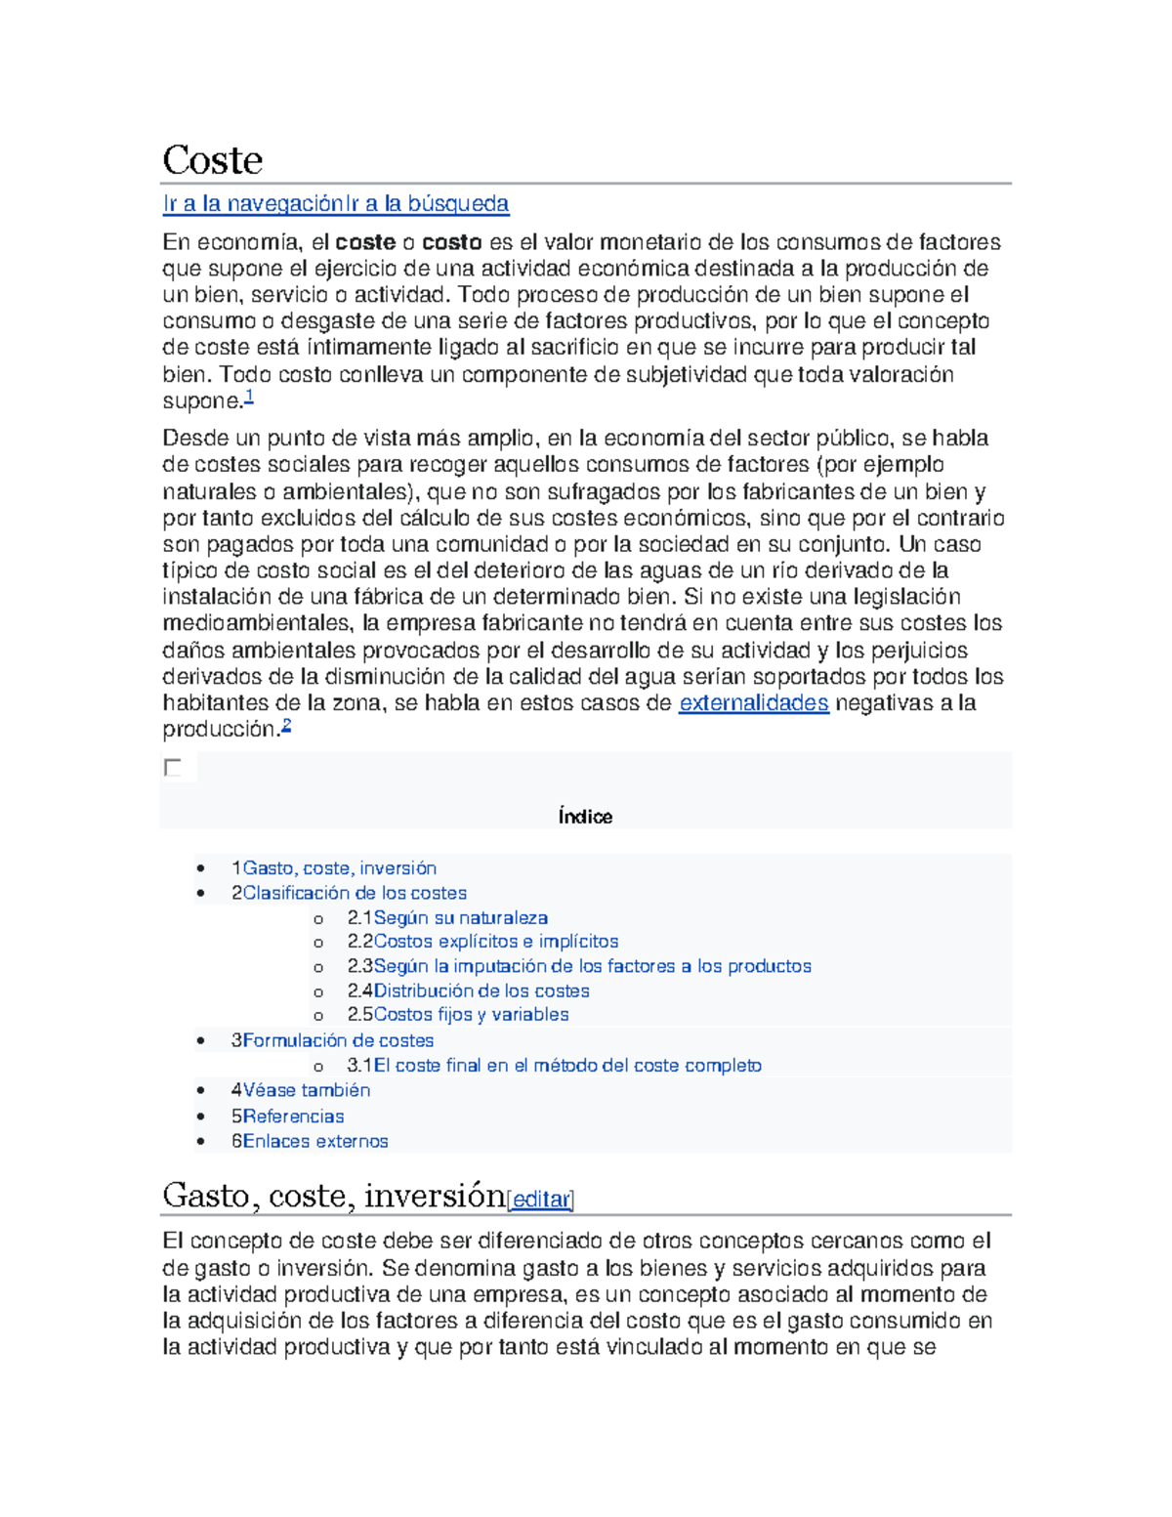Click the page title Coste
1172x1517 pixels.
pos(212,160)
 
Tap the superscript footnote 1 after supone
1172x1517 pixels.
pos(249,396)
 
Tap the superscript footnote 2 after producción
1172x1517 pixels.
pos(286,725)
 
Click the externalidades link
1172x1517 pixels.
pos(753,703)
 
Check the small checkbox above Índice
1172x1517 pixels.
pos(173,768)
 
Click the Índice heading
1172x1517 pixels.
pos(585,817)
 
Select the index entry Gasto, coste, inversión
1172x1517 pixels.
pos(339,868)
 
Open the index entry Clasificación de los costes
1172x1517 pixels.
pos(354,893)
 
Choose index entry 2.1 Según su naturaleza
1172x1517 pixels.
pos(460,918)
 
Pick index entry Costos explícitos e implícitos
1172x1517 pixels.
pos(495,942)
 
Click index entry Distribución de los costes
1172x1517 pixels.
pos(481,990)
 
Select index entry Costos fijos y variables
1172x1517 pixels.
pos(471,1015)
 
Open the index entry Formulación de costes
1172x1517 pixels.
pos(338,1040)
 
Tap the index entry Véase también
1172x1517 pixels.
pos(306,1090)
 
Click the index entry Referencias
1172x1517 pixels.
pos(293,1117)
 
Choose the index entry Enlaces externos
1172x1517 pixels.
pos(314,1141)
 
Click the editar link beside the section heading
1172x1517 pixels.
pos(540,1200)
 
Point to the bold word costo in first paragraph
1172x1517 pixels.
pos(451,242)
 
